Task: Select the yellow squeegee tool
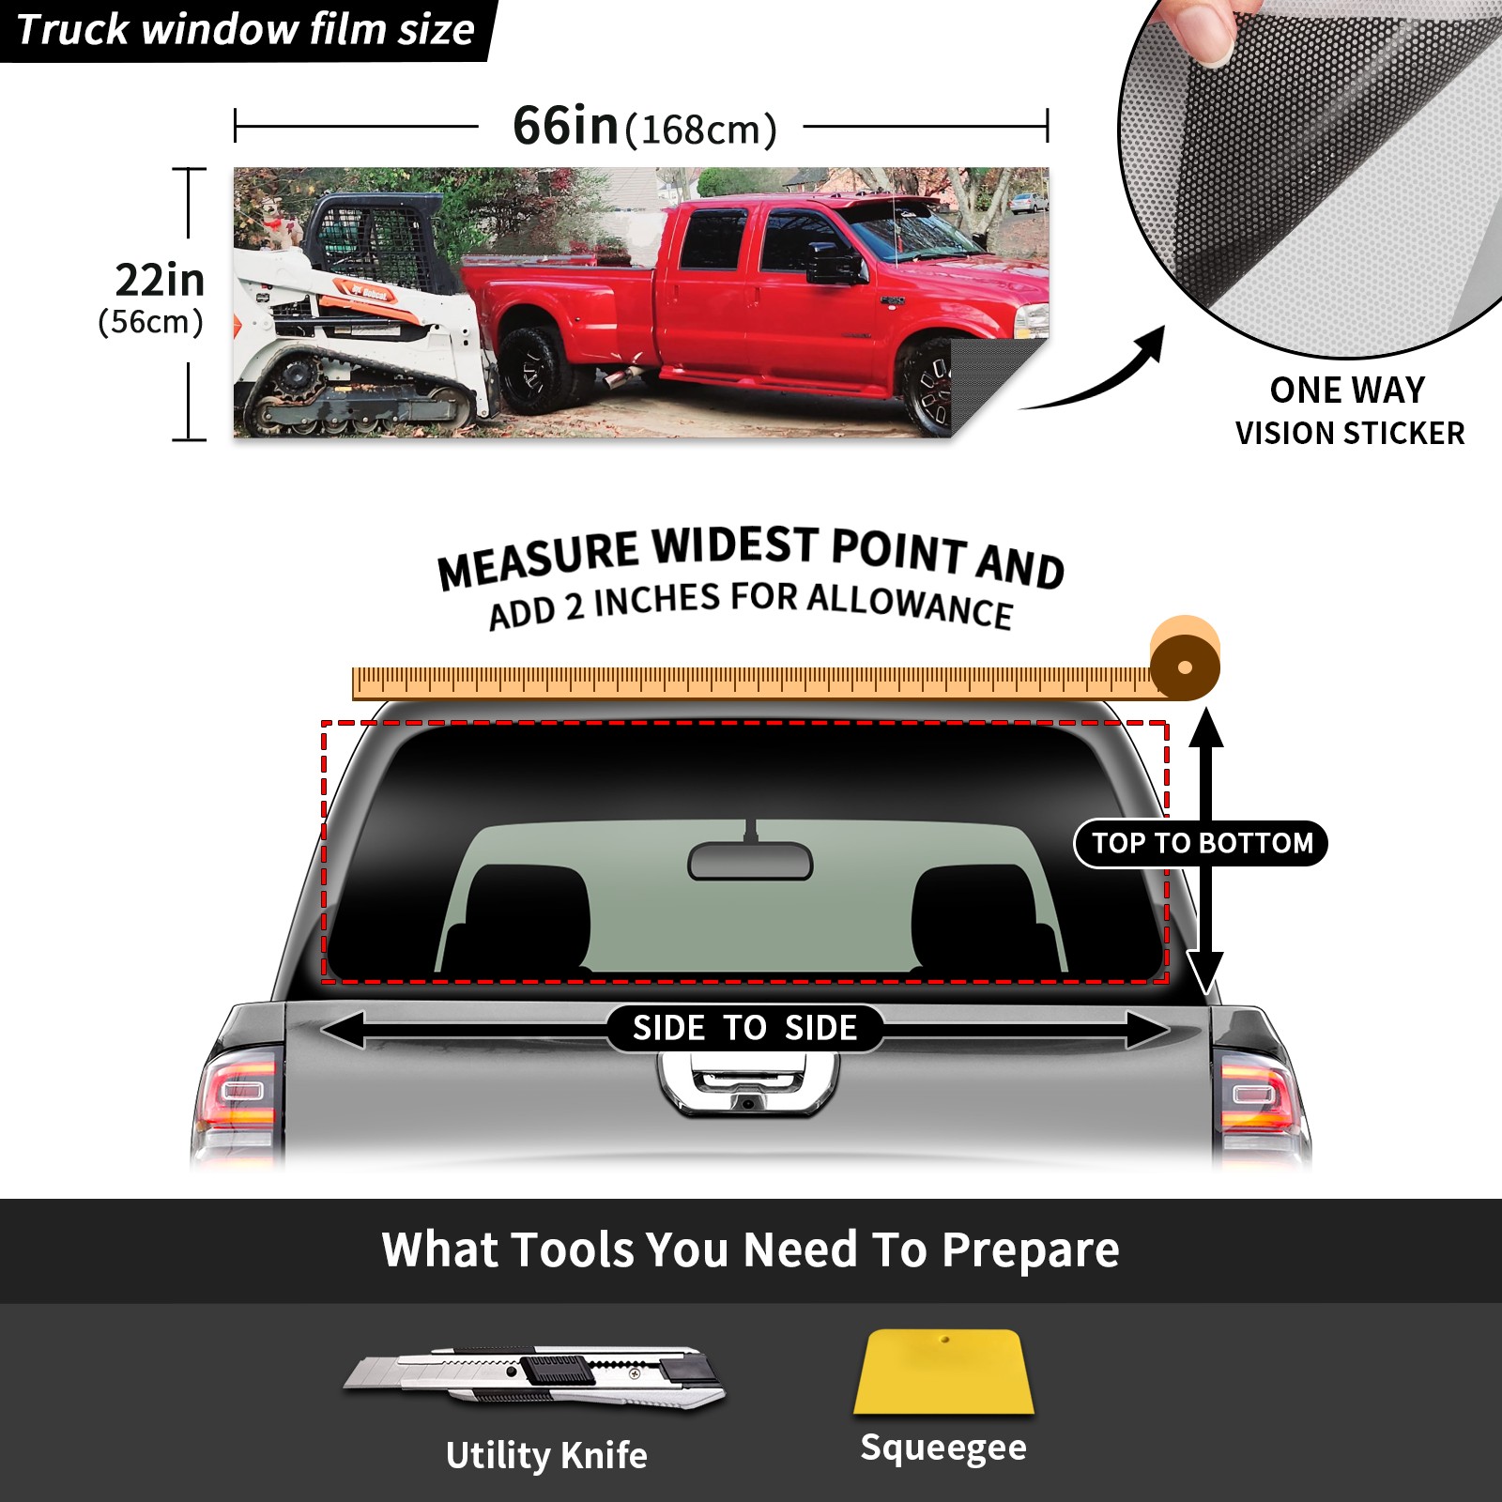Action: click(943, 1372)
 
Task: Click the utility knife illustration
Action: click(533, 1377)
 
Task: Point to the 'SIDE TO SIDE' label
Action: click(744, 1028)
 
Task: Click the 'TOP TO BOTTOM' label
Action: click(1202, 843)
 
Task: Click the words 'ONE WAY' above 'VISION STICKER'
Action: click(1347, 390)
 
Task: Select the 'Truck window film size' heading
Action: click(246, 30)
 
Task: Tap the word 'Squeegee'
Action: click(943, 1448)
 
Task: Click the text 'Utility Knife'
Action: click(546, 1456)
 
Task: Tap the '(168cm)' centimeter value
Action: click(701, 130)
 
